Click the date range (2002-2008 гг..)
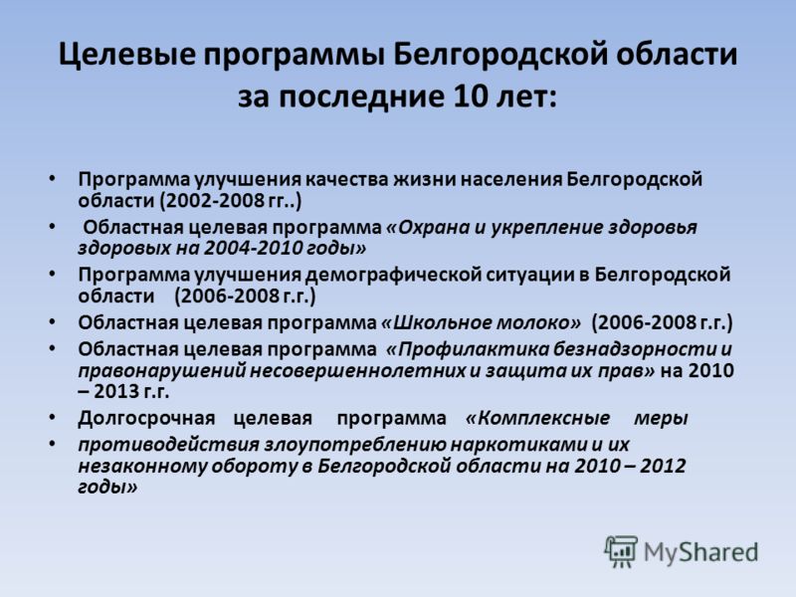(231, 201)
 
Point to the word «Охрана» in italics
(428, 228)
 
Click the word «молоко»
(538, 322)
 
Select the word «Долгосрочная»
(146, 419)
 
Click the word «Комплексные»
(537, 418)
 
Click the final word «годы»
(107, 488)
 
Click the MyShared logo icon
(621, 552)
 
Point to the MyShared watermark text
(700, 553)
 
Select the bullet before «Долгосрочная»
(52, 417)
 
